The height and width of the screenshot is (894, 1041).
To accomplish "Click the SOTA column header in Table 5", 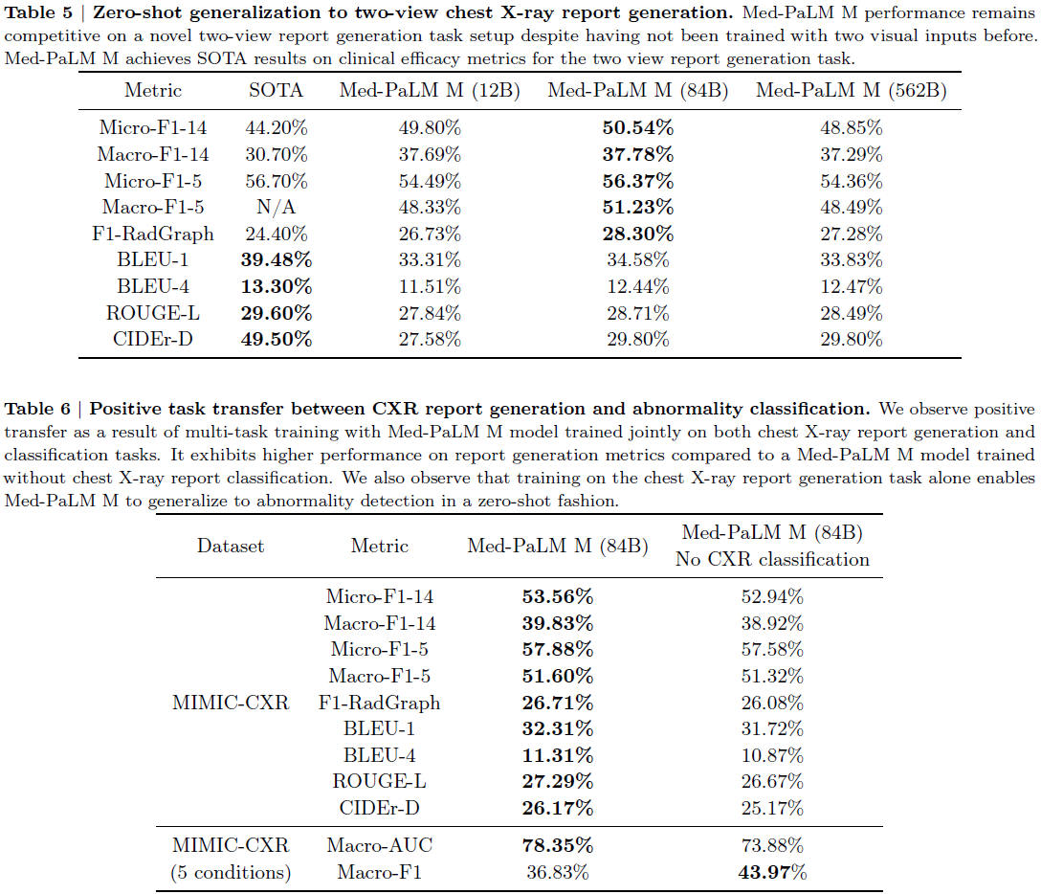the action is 276,90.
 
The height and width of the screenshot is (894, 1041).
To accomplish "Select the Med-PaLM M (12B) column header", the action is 430,90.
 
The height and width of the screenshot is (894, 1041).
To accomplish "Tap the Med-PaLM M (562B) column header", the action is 852,90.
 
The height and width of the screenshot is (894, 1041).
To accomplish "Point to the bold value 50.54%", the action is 638,127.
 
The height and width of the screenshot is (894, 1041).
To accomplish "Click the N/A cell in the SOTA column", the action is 277,207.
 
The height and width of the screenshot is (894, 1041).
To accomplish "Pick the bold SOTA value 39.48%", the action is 277,259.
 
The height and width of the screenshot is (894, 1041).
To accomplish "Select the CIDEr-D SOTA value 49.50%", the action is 277,340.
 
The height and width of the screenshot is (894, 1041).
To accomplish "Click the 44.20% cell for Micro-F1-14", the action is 277,127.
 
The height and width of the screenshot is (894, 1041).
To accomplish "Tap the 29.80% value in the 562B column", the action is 852,340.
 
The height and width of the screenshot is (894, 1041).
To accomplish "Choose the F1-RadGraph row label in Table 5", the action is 153,234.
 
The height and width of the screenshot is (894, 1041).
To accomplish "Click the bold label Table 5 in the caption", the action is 38,12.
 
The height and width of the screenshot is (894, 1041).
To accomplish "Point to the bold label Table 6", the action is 37,409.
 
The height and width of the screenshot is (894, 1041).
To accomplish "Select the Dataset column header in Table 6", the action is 231,546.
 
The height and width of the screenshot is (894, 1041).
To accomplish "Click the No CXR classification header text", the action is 772,559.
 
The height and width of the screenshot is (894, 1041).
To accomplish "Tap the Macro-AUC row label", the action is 380,845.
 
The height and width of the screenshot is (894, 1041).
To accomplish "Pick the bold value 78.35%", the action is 558,845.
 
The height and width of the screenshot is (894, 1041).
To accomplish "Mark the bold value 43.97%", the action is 772,872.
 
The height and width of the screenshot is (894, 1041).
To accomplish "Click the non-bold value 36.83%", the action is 558,872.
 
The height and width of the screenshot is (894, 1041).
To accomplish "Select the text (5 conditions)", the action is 231,872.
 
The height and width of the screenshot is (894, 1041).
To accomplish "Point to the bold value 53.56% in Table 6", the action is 558,596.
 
